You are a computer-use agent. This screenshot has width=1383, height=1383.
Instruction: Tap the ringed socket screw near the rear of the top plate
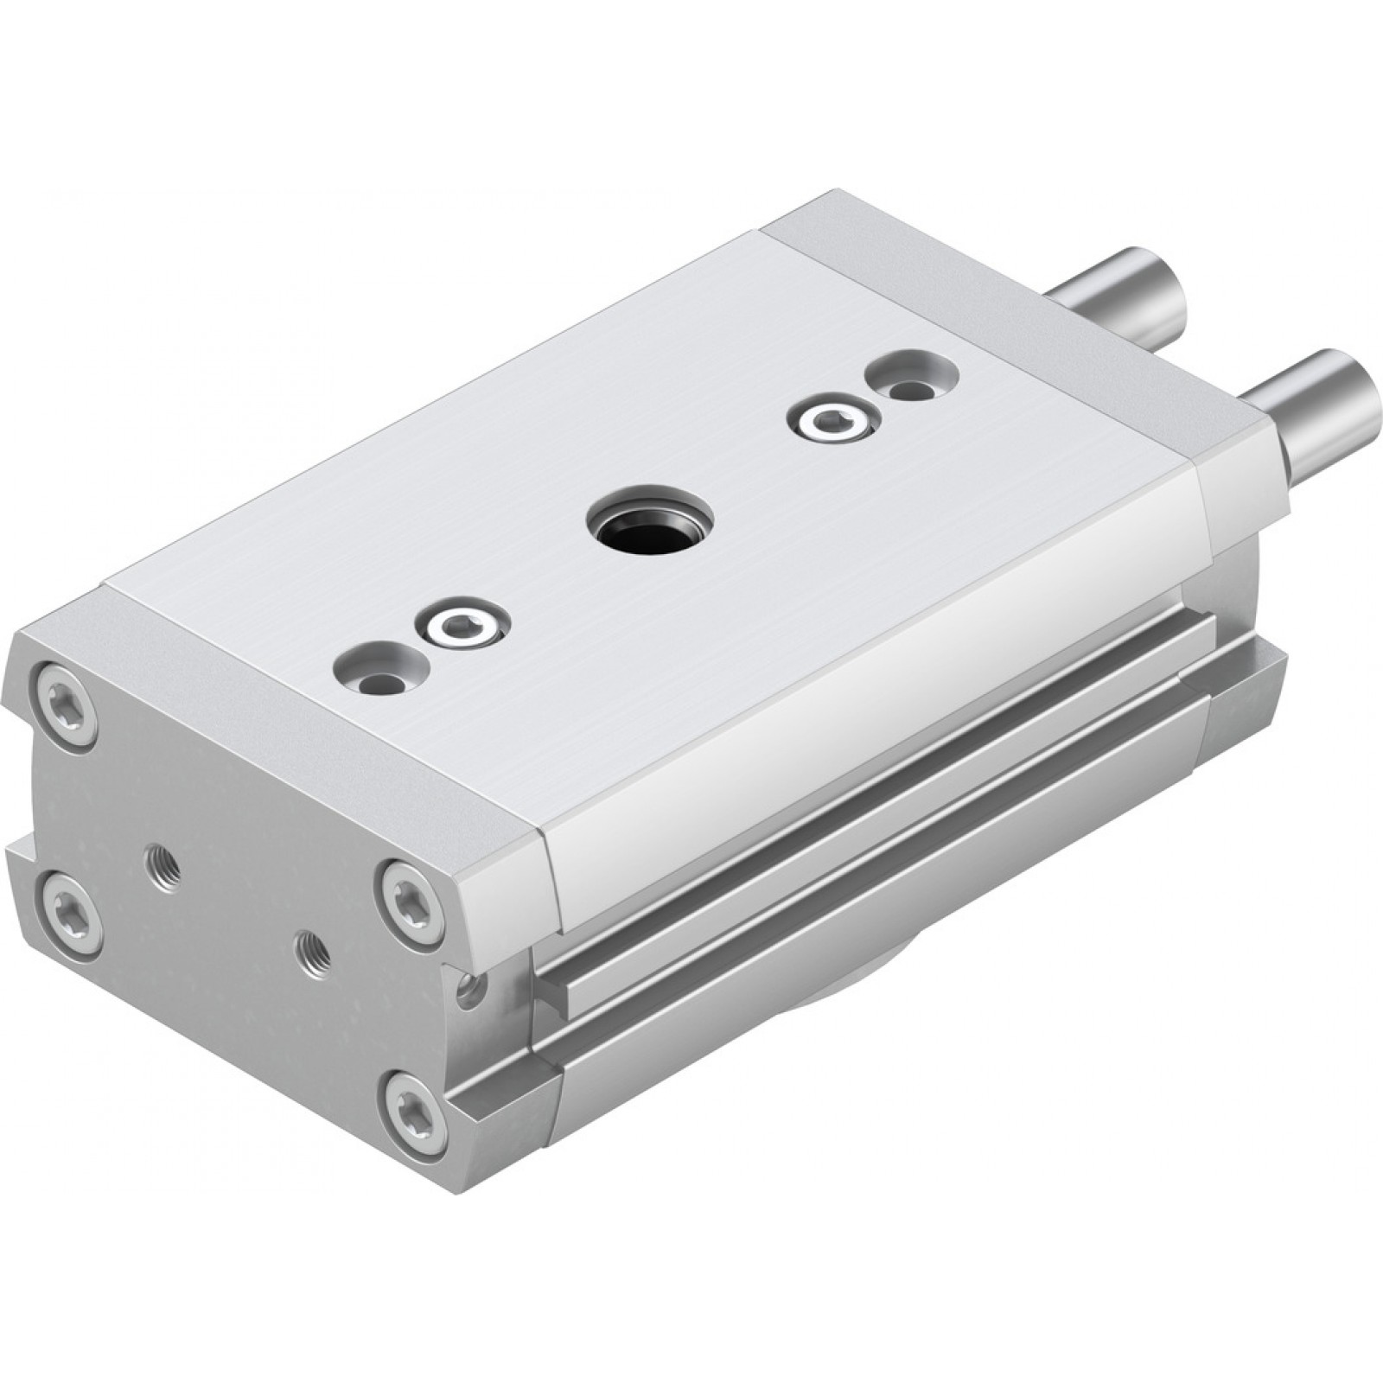[x=829, y=421]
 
